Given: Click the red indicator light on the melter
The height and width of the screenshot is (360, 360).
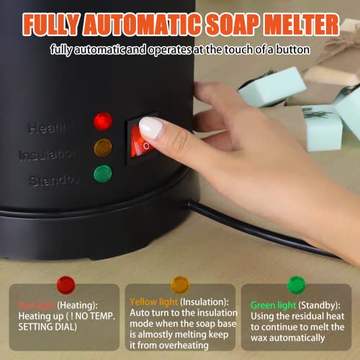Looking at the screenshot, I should point(103,120).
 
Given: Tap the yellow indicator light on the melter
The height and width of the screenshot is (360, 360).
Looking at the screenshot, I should point(103,148).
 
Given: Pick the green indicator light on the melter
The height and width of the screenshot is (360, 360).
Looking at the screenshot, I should point(103,174).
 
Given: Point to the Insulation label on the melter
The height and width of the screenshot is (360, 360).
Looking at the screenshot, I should point(47,155).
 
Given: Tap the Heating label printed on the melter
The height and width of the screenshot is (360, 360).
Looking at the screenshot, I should point(50,128).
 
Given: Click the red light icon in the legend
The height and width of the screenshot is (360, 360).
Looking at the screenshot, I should point(66,284).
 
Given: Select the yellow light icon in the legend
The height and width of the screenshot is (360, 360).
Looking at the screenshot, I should point(180,284).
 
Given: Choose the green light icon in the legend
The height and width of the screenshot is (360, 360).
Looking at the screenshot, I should point(297,284).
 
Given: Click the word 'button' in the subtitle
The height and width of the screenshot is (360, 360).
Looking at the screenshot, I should point(295,50).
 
